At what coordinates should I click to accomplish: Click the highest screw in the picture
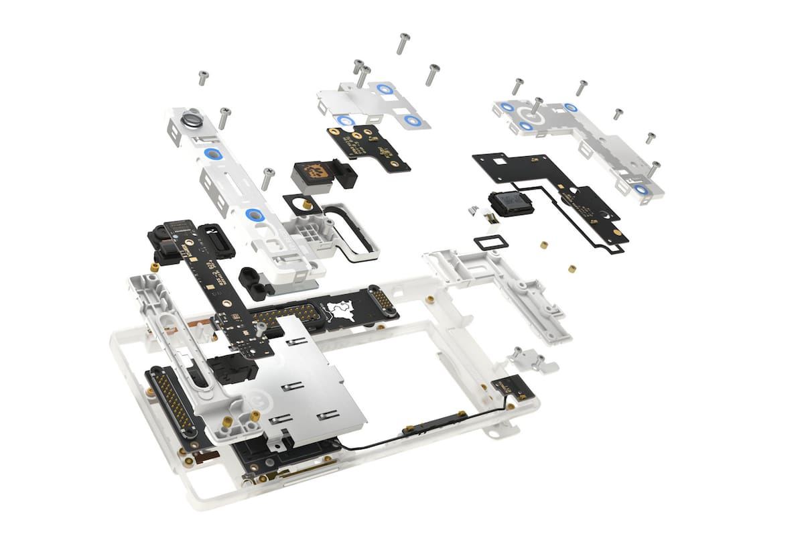403,43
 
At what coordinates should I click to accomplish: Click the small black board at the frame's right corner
513,388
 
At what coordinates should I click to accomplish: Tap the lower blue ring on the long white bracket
254,214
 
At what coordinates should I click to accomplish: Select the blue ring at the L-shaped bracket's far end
642,190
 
